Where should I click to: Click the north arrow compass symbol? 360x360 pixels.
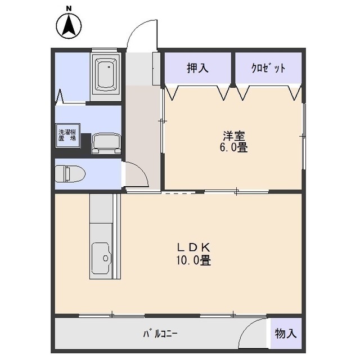(69, 26)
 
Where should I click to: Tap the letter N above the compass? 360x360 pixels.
(69, 8)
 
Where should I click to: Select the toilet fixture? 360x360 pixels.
(70, 174)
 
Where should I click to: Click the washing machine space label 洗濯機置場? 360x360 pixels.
(67, 135)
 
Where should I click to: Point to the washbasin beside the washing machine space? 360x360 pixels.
(106, 144)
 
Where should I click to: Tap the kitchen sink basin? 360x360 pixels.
(101, 258)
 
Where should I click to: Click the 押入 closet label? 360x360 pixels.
(197, 68)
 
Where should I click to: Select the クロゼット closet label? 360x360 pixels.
(268, 67)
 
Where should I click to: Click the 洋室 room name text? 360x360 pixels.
(234, 136)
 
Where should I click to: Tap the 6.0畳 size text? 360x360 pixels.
(234, 147)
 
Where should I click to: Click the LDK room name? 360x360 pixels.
(193, 247)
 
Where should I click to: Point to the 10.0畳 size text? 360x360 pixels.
(193, 260)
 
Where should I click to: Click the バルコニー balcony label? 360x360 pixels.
(160, 334)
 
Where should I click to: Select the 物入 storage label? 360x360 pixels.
(286, 333)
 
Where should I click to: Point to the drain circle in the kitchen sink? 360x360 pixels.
(105, 258)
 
